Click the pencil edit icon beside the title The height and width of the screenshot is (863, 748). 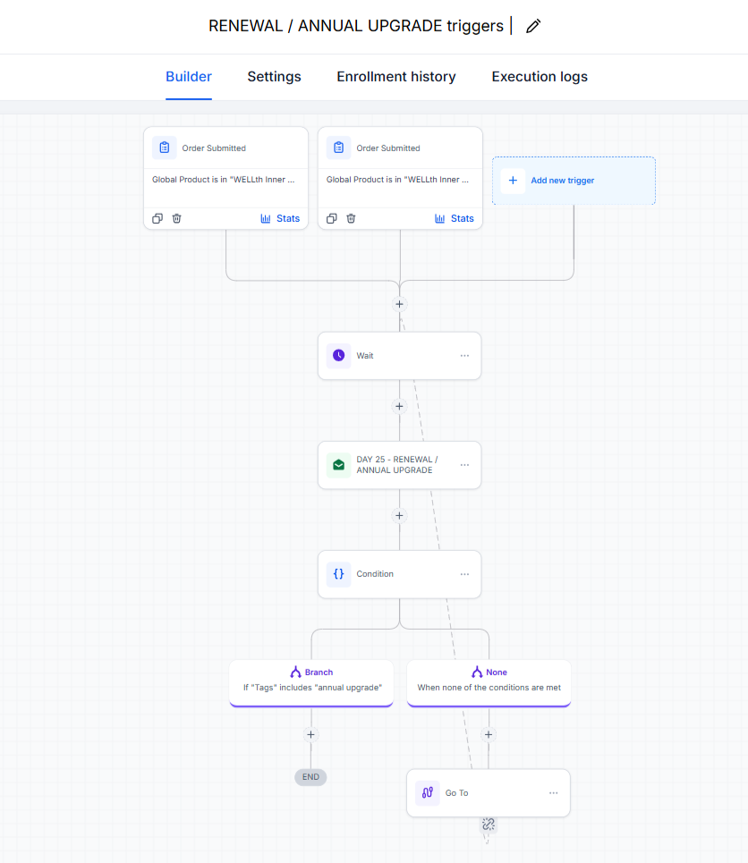click(x=533, y=26)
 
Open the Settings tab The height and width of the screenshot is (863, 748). click(x=275, y=77)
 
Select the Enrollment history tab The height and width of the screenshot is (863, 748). click(x=396, y=77)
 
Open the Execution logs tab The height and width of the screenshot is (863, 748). click(x=540, y=77)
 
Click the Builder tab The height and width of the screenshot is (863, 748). click(x=189, y=77)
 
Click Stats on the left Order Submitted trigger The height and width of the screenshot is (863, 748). click(x=280, y=218)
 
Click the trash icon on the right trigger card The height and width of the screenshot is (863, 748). click(x=351, y=218)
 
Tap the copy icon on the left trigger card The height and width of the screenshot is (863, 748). click(x=157, y=218)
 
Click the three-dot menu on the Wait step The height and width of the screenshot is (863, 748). click(x=465, y=356)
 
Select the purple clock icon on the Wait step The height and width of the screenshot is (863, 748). click(x=339, y=356)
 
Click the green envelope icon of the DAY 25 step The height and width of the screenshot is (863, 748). click(x=339, y=465)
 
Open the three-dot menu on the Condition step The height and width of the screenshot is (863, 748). click(x=465, y=574)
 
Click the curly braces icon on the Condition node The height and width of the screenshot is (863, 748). click(x=339, y=574)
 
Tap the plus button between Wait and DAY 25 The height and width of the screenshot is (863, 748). click(x=399, y=406)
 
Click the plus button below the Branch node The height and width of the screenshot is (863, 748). click(x=310, y=735)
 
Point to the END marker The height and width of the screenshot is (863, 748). click(x=310, y=777)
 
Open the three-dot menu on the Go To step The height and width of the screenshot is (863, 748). click(x=554, y=793)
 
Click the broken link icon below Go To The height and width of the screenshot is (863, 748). click(x=489, y=824)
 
